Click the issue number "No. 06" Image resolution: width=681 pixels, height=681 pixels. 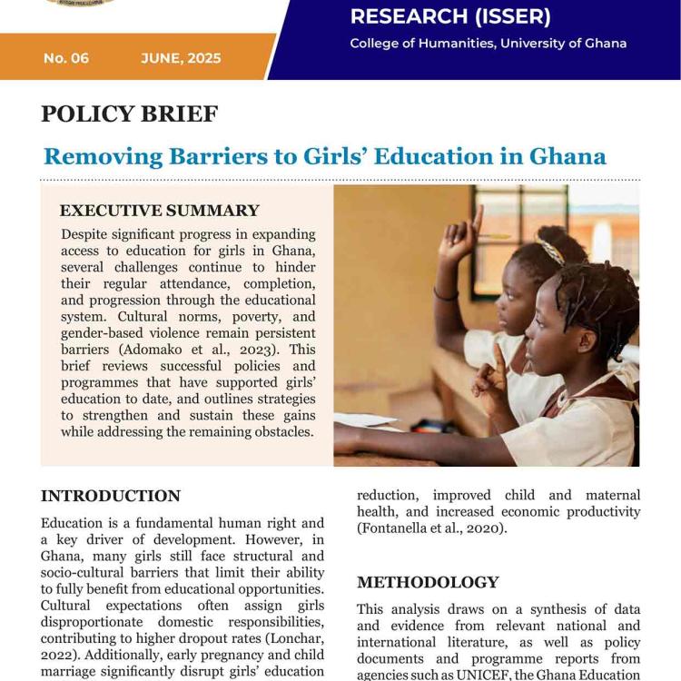click(66, 58)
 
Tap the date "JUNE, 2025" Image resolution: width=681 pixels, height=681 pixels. click(181, 58)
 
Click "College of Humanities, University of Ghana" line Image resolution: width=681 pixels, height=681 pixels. click(488, 44)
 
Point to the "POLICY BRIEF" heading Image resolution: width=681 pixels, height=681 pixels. click(129, 114)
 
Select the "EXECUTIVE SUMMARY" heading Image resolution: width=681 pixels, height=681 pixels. click(160, 211)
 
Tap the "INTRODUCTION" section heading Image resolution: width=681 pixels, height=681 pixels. click(111, 496)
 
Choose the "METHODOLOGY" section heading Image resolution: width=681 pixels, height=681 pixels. click(428, 582)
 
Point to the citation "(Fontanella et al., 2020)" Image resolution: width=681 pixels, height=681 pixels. click(432, 528)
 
